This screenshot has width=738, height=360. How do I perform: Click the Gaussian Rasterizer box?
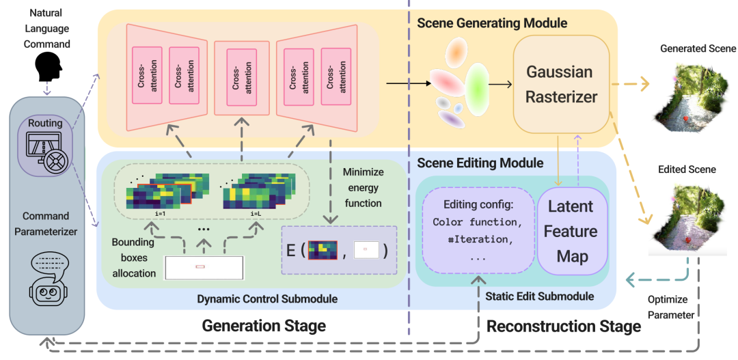click(561, 84)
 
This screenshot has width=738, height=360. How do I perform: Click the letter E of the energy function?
click(290, 249)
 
